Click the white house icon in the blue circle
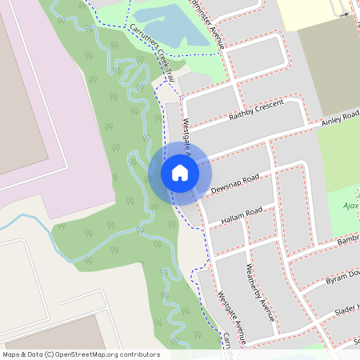click(179, 173)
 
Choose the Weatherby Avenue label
click(262, 293)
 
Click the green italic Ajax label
click(349, 206)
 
